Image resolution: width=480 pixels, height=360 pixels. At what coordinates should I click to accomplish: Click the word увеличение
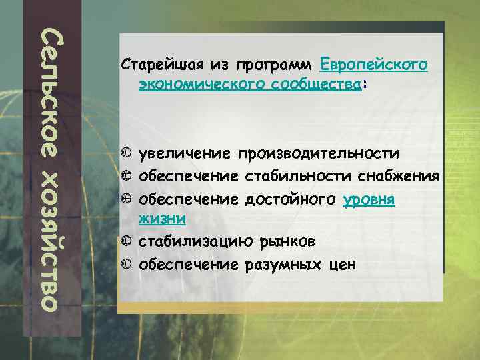(187, 154)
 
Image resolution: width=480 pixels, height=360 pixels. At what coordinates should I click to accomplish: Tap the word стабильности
(297, 177)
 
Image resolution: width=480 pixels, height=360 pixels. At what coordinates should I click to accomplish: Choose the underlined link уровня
(369, 199)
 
